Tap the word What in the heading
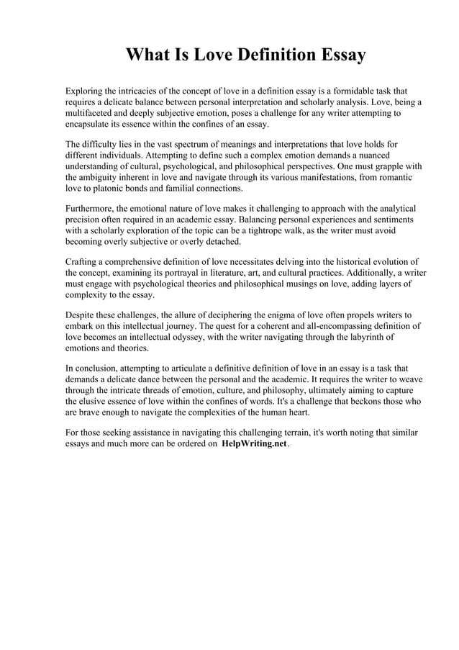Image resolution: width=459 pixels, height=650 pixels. pyautogui.click(x=150, y=55)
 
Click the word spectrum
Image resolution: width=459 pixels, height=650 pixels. pyautogui.click(x=186, y=145)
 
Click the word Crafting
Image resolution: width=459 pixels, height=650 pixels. pyautogui.click(x=83, y=262)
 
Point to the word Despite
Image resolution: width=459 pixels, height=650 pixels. pyautogui.click(x=81, y=315)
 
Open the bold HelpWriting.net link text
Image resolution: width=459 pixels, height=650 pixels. pyautogui.click(x=255, y=444)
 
